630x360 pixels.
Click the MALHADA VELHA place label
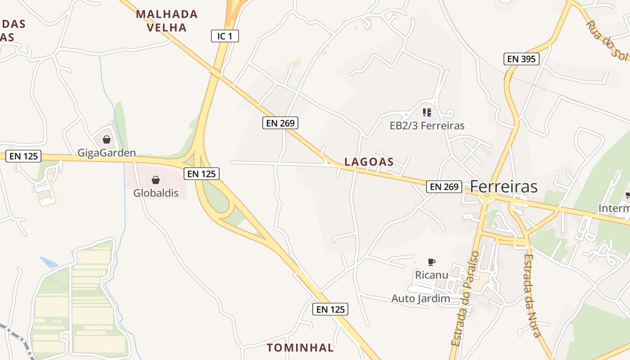point(167,21)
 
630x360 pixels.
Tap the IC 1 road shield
point(225,36)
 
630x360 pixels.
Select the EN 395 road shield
point(521,58)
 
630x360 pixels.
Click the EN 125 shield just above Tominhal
point(330,309)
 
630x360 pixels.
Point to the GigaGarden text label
point(107,153)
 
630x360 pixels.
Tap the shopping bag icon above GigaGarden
point(107,139)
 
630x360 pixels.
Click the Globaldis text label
point(156,193)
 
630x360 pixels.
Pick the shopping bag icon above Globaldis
point(156,180)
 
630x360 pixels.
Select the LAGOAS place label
point(369,162)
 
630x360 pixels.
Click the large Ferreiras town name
point(504,186)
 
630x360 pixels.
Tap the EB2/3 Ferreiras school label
point(427,126)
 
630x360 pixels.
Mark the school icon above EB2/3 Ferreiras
point(427,112)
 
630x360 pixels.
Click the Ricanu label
point(432,274)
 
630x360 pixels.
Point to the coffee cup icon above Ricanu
point(432,262)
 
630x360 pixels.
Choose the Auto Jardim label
point(421,298)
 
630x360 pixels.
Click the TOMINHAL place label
point(300,347)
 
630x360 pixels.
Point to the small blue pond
point(48,262)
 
